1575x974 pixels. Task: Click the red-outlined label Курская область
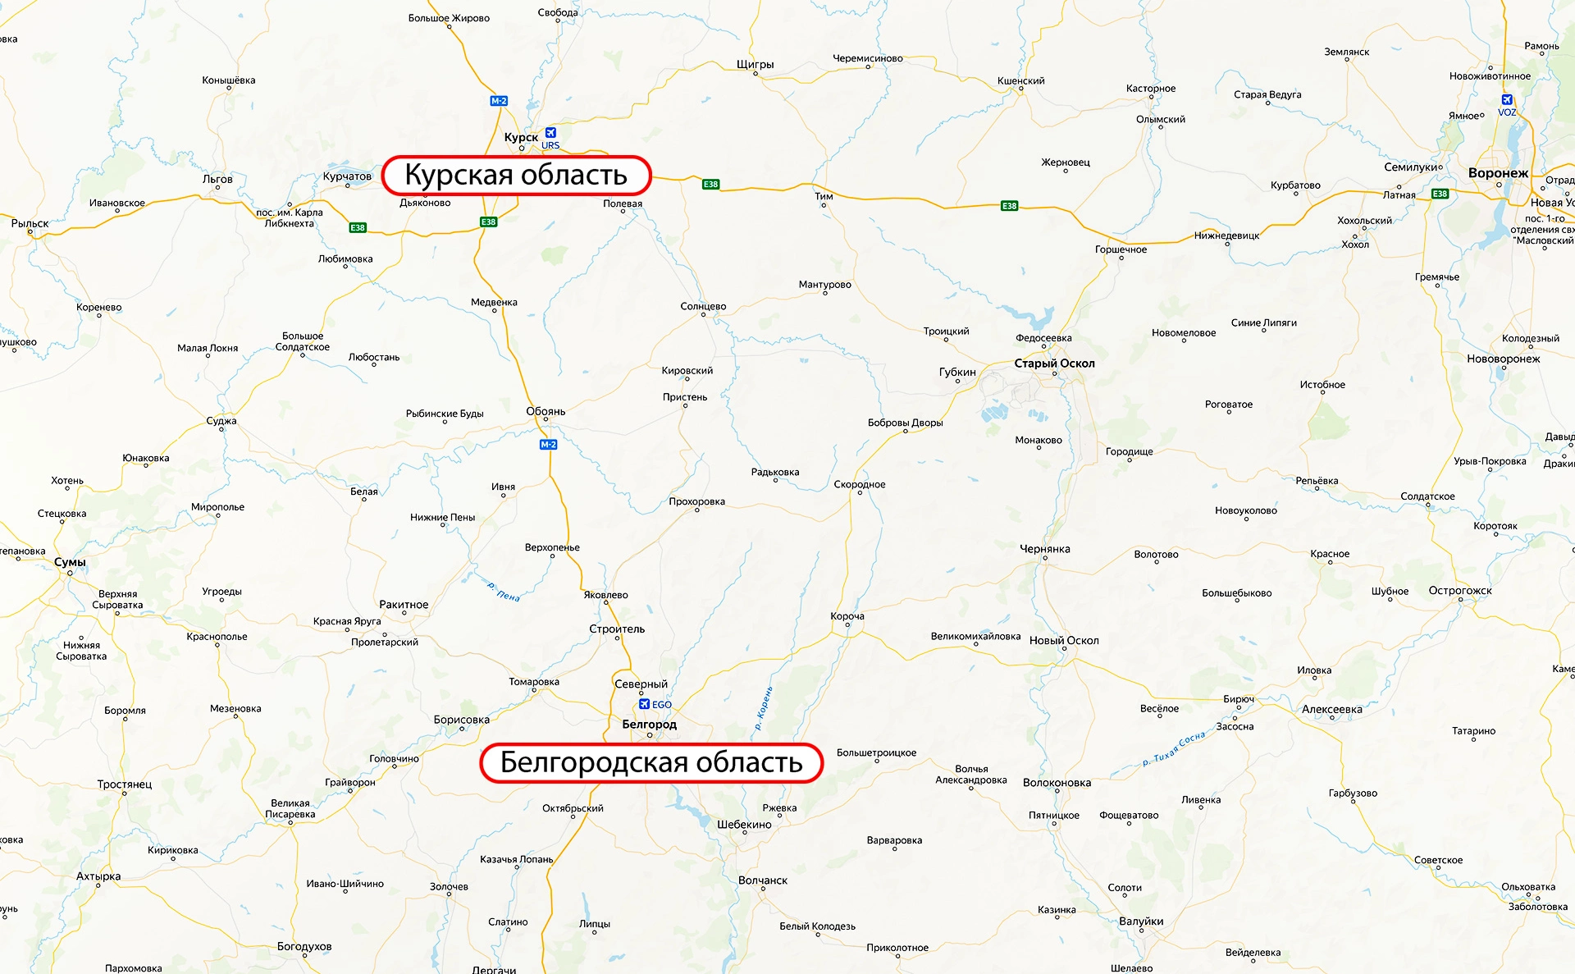point(516,175)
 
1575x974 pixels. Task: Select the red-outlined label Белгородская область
point(651,762)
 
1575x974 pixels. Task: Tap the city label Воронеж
point(1498,173)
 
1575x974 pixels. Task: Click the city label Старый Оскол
point(1054,364)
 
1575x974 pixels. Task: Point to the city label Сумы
point(70,562)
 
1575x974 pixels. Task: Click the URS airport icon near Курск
point(550,132)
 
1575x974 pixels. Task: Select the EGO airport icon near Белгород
point(645,704)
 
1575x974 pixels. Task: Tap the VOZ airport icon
point(1507,100)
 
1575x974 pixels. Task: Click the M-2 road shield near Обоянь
point(548,445)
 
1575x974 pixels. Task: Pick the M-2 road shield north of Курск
point(499,101)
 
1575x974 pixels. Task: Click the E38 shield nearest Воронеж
point(1440,194)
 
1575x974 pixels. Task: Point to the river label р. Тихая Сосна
point(1174,748)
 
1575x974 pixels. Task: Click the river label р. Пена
point(504,592)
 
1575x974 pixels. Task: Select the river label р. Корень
point(764,708)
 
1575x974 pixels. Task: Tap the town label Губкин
point(957,372)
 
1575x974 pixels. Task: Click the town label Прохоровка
point(696,501)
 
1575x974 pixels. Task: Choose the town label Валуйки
point(1141,921)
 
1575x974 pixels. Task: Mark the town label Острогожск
point(1460,591)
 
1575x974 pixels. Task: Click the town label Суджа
point(221,421)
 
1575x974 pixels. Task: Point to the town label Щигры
point(755,64)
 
